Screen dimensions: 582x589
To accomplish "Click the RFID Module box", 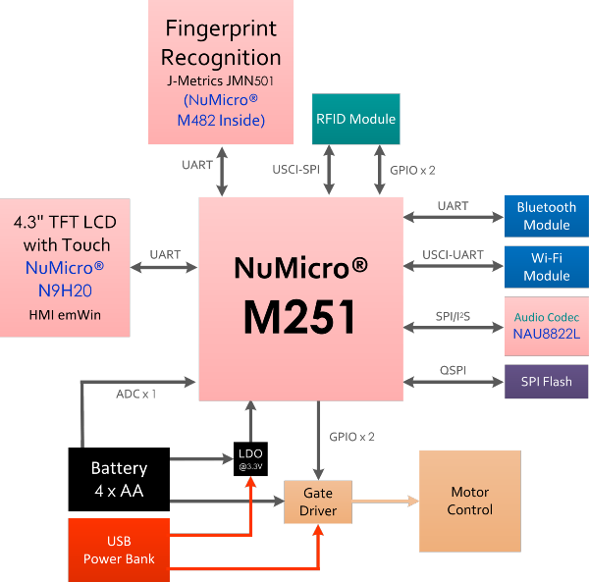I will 356,119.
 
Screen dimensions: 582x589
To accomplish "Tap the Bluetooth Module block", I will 546,216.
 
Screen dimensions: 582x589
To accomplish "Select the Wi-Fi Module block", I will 546,266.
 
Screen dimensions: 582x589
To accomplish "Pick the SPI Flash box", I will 546,381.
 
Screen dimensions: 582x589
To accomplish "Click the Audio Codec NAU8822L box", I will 546,326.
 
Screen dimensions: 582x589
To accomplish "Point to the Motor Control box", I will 469,501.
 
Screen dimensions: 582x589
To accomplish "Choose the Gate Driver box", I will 317,503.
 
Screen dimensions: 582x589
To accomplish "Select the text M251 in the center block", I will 301,317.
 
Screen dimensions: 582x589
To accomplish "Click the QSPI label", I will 453,369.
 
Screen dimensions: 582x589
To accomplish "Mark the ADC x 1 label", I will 136,394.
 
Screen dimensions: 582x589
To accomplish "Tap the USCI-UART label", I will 453,255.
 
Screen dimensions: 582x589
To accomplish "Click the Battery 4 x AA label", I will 119,479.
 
